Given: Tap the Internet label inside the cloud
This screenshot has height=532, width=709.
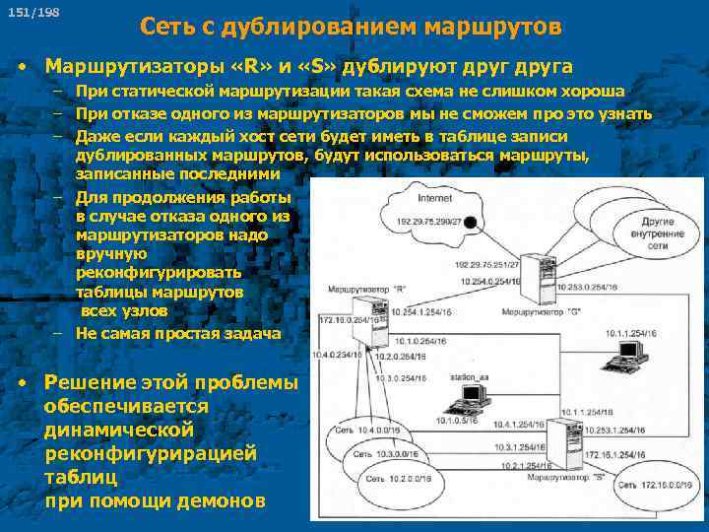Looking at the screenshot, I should tap(434, 198).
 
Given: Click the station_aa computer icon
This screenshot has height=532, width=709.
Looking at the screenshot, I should tap(470, 398).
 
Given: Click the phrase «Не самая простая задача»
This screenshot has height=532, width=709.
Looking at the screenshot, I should tap(177, 333).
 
